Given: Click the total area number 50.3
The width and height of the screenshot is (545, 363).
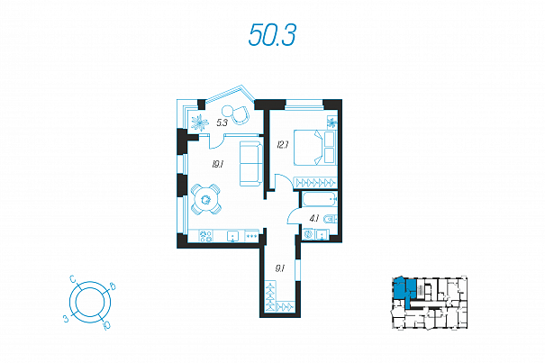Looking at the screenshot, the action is [x=272, y=35].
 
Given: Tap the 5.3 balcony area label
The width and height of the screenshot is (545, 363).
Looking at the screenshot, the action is [x=222, y=123].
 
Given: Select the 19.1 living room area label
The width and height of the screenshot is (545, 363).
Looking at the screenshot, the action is [x=218, y=164].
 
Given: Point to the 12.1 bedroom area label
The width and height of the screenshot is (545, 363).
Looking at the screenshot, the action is [x=283, y=144].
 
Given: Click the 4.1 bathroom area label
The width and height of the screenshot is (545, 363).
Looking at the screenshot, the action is [x=314, y=218].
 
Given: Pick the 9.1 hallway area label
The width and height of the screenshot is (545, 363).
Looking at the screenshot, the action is [x=280, y=268].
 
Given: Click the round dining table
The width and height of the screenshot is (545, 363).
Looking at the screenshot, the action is [x=205, y=199].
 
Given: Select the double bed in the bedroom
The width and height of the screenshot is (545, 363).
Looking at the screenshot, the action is [x=315, y=147].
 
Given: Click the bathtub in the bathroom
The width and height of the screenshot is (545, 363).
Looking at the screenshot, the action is [x=320, y=200].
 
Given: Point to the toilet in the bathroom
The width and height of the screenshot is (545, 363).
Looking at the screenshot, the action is [x=330, y=219].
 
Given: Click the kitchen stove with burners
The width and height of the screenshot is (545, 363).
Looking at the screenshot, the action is [x=205, y=236].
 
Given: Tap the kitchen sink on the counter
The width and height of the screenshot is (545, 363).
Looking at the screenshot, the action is [x=233, y=236].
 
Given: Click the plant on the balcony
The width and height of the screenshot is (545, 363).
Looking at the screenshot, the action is [x=200, y=123].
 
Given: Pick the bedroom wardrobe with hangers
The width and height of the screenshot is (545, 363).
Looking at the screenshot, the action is [x=315, y=182].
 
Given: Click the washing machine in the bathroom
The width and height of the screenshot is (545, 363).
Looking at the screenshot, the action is [x=308, y=234].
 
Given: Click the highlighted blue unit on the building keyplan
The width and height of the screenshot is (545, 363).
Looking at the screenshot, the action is [x=404, y=291].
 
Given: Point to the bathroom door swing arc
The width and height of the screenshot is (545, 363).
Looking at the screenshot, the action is [x=294, y=215].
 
